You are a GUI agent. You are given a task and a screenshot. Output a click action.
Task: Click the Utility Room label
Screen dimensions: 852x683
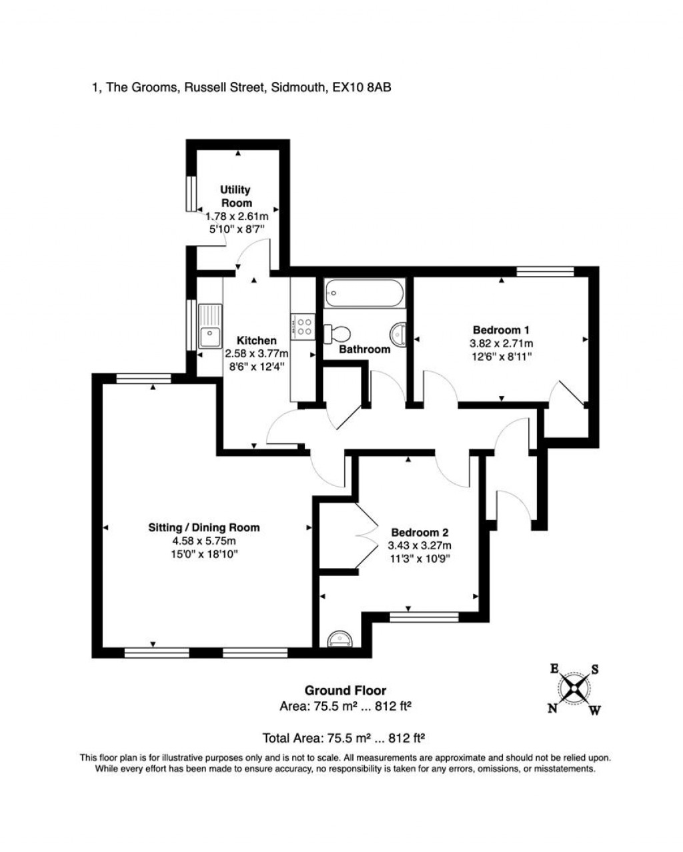pos(235,197)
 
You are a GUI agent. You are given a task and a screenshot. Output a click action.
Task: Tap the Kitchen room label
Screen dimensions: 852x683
pos(257,341)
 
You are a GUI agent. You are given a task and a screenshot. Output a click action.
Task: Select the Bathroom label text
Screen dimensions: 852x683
pos(364,349)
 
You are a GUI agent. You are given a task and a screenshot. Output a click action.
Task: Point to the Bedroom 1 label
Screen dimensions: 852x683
pos(501,330)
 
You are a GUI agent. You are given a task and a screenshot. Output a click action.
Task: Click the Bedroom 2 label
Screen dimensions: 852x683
pos(420,533)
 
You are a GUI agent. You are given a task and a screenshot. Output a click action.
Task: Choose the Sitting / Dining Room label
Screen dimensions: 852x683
pos(203,527)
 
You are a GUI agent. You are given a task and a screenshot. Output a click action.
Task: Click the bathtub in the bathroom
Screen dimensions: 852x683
pos(364,293)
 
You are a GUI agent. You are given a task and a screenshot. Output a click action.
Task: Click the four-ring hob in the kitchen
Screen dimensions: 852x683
pos(303,325)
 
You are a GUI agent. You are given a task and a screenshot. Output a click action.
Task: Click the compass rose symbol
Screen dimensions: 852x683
pos(574,689)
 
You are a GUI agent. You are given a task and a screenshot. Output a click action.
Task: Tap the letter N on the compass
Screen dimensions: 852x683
pos(552,709)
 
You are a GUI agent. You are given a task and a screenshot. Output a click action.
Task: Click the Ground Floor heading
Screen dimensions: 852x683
pos(345,691)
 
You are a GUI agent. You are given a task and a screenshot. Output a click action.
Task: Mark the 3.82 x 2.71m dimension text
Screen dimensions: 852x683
pos(501,343)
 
